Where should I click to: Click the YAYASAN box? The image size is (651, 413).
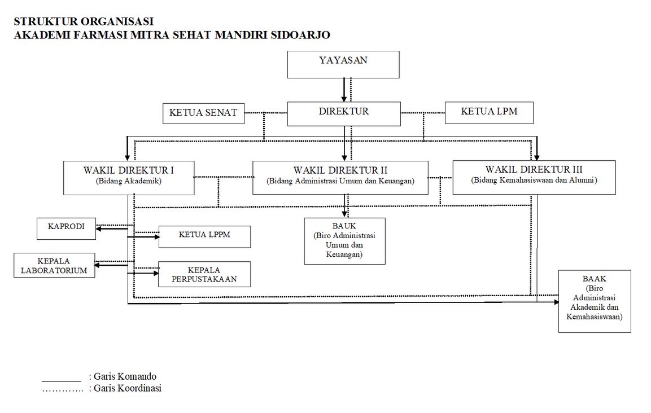pos(343,64)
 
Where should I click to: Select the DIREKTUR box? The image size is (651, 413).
pos(344,113)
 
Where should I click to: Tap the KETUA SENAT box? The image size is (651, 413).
pos(203,113)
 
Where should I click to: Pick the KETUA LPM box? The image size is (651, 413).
pos(489,112)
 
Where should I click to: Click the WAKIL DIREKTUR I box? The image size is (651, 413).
pos(129,178)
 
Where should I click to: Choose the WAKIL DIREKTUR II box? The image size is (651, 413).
pos(340,178)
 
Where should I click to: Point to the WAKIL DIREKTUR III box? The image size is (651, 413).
pos(534,177)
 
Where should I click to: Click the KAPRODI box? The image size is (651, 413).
pos(66,228)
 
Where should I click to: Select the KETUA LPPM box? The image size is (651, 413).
pos(204,236)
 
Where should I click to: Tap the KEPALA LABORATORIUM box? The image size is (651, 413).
pos(54,266)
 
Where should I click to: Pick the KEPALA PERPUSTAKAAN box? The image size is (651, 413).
pos(204,274)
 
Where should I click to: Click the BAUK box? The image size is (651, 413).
pos(344,241)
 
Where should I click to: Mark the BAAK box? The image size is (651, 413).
pos(594,301)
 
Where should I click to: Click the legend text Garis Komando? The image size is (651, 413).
pos(125,376)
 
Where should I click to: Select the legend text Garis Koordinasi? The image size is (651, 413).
pos(127,388)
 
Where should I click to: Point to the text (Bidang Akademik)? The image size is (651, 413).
pos(129,182)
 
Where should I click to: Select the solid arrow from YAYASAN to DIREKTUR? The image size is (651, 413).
pos(344,90)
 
